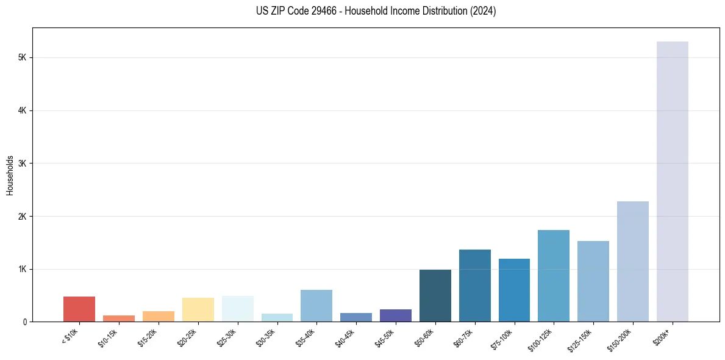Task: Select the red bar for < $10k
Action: [79, 309]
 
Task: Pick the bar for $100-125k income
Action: [554, 276]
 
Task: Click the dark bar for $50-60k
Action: [435, 295]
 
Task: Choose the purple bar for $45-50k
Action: [396, 315]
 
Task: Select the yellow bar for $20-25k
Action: [198, 309]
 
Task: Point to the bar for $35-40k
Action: [316, 306]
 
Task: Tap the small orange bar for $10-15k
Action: [119, 319]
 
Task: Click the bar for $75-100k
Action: [514, 290]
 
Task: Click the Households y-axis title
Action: [10, 175]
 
